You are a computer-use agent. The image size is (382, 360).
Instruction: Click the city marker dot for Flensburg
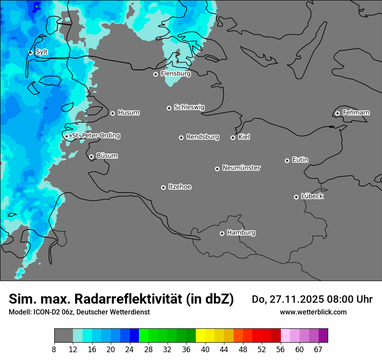point(155,74)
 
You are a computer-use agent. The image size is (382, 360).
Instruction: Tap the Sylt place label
point(42,52)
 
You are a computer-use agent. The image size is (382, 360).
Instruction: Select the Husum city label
point(128,113)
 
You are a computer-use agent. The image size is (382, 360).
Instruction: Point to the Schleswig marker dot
point(169,108)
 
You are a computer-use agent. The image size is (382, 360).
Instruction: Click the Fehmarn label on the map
point(356,113)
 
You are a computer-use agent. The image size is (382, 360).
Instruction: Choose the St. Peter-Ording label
point(95,136)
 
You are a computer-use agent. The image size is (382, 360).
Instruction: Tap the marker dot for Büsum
point(91,157)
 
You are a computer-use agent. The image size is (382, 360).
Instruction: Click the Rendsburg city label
point(203,137)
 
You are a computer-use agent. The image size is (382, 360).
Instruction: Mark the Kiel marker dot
point(233,137)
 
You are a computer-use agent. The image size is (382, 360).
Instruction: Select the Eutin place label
point(300,160)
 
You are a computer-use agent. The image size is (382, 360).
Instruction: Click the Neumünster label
point(241,168)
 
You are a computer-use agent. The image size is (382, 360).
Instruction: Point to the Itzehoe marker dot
point(163,187)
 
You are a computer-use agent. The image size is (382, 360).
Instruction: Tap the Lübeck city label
point(312,196)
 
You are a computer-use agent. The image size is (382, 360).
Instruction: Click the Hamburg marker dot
point(222,233)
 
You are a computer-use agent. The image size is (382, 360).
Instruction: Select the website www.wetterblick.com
point(313,312)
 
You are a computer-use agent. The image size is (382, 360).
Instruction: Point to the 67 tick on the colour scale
point(318,350)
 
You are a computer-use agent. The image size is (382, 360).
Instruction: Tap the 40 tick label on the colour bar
point(205,350)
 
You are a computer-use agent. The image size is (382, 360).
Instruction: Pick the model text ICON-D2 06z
point(51,312)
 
